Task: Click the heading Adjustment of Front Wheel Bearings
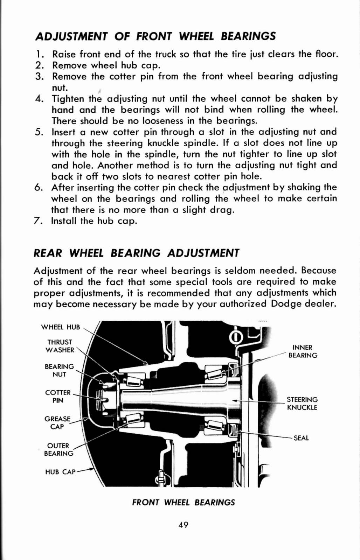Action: pyautogui.click(x=155, y=36)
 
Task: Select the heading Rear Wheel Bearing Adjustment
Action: pyautogui.click(x=137, y=253)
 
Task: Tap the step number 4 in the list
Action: pyautogui.click(x=39, y=99)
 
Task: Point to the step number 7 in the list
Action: pyautogui.click(x=39, y=221)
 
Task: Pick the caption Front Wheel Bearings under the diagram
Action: pyautogui.click(x=184, y=503)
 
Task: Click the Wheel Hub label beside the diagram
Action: pyautogui.click(x=61, y=327)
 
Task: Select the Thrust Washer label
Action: pyautogui.click(x=61, y=346)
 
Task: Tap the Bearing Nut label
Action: pyautogui.click(x=59, y=370)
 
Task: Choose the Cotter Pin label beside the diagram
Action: pyautogui.click(x=58, y=396)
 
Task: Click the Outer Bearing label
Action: pyautogui.click(x=58, y=449)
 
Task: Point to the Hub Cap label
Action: pyautogui.click(x=60, y=472)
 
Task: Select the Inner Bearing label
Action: pyautogui.click(x=303, y=351)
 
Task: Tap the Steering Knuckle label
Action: pyautogui.click(x=302, y=403)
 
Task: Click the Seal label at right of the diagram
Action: pyautogui.click(x=301, y=438)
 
